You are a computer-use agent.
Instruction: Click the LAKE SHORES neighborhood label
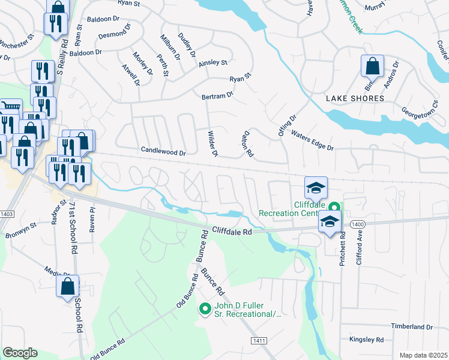point(354,98)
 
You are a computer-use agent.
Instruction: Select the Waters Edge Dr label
point(312,140)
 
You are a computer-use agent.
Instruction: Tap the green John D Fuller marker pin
point(205,309)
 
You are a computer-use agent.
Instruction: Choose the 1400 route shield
point(358,224)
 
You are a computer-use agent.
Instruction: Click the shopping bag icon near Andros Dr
point(372,65)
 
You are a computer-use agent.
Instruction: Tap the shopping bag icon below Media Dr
point(67,286)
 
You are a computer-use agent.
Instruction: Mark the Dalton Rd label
point(248,145)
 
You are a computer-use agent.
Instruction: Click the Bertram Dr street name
point(217,95)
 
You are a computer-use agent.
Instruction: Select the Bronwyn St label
point(22,230)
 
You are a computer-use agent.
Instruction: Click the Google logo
point(20,352)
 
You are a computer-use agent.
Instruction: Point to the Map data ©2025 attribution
point(423,355)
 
